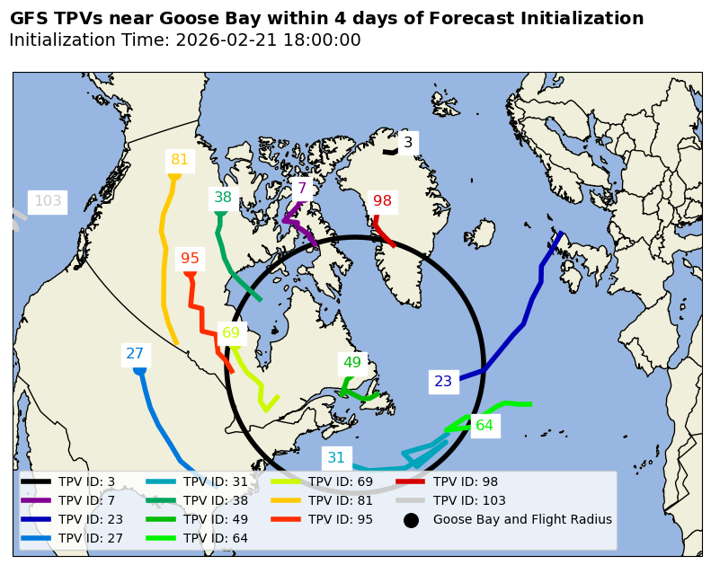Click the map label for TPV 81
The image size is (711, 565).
(180, 160)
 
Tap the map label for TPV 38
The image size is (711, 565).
(222, 198)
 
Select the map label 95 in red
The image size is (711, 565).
(190, 259)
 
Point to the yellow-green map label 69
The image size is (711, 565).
(231, 332)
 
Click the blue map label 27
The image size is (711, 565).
(135, 354)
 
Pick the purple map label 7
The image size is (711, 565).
(302, 190)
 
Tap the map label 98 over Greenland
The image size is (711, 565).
(383, 201)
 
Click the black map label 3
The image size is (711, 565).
(407, 142)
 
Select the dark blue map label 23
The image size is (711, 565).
(443, 382)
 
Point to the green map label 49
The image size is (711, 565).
(352, 363)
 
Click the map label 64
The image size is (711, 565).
(484, 426)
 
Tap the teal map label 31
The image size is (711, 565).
(336, 458)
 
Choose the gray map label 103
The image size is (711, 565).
(48, 201)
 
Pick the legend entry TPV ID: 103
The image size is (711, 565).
(469, 500)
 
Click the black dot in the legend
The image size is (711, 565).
(411, 520)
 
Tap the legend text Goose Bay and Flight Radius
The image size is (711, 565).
(522, 519)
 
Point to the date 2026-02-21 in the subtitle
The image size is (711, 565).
(223, 40)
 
